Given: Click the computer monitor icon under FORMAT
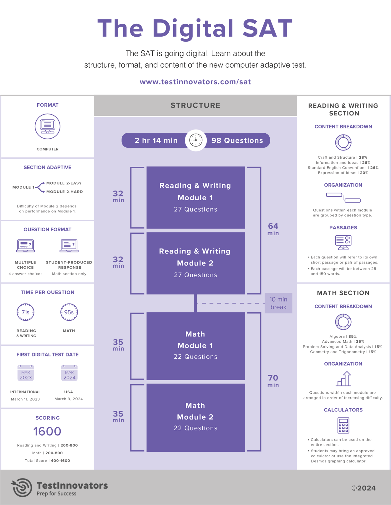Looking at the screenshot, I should (x=48, y=126).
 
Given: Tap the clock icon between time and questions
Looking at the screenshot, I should (x=196, y=140).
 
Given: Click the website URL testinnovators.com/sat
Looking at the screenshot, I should (x=195, y=82).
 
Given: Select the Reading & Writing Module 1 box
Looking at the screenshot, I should (x=195, y=197).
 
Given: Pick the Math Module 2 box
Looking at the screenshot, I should (x=195, y=417).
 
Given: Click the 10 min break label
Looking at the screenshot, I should (x=278, y=303).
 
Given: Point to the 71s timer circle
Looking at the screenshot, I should (x=26, y=312).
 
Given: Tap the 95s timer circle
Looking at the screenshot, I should (x=69, y=312).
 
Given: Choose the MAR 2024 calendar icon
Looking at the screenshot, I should (x=69, y=373).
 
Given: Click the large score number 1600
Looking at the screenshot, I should (x=47, y=431).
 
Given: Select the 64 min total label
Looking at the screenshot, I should (x=273, y=229).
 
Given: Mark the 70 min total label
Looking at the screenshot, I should (x=273, y=381).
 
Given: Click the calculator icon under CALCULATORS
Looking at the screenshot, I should (x=343, y=425).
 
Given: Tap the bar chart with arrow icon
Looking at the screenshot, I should (x=343, y=379).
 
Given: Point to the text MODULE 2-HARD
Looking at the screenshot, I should (x=64, y=192).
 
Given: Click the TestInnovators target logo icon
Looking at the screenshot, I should (x=22, y=487).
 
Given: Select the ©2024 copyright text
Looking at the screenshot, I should (x=363, y=488).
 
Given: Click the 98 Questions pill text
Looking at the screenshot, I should (x=237, y=140).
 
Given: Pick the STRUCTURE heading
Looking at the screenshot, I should (x=195, y=105).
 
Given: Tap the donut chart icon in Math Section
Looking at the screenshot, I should (x=343, y=322).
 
